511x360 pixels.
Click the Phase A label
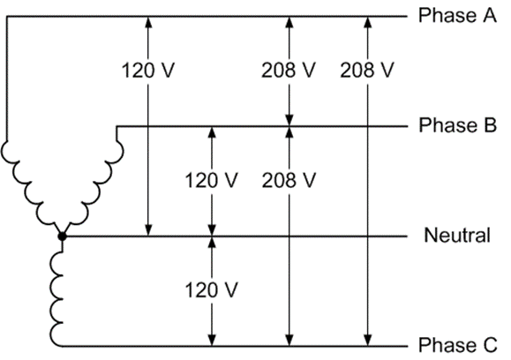click(457, 15)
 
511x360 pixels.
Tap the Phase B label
click(457, 125)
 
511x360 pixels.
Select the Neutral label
click(456, 236)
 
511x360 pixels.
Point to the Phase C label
click(457, 344)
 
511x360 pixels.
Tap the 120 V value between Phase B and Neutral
click(211, 181)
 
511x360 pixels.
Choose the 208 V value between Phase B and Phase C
click(289, 181)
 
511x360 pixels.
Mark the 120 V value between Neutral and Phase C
click(211, 289)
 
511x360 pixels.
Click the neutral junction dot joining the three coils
click(61, 236)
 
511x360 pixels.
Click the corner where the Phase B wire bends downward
click(116, 126)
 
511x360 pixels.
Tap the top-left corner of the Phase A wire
click(6, 16)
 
